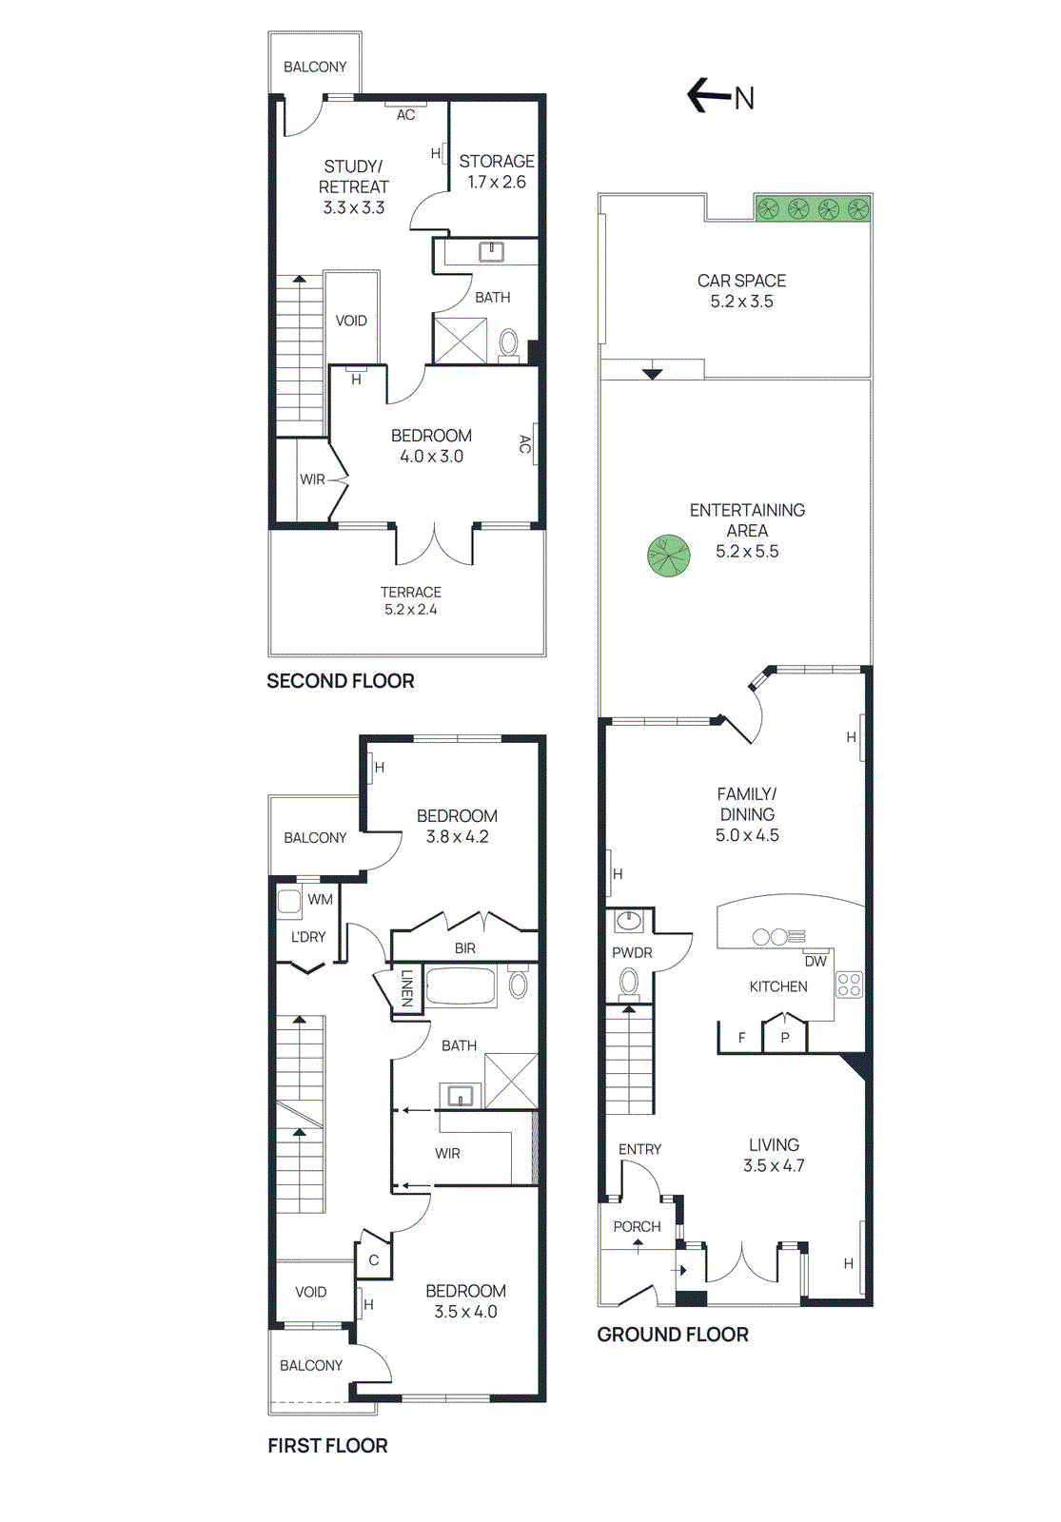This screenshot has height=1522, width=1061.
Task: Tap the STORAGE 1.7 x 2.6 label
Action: pos(496,172)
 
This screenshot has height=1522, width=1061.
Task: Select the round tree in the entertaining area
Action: pos(668,556)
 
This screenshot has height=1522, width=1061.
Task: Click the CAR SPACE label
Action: pos(741,291)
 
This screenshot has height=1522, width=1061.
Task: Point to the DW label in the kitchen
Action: pos(815,962)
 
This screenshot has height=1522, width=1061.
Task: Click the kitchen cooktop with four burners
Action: pos(849,985)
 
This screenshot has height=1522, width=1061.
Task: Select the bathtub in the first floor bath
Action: pos(461,986)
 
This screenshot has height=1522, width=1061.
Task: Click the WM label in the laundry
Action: pos(321,899)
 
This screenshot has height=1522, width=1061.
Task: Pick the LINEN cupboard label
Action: pos(407,988)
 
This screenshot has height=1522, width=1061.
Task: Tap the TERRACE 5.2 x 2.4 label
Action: pos(411,600)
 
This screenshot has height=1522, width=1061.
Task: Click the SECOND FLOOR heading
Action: pos(340,681)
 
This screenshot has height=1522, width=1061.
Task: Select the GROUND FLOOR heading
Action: pos(672,1335)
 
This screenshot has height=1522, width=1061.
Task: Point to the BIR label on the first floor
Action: pos(464,948)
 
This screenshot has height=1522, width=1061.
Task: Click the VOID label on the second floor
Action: pos(351,321)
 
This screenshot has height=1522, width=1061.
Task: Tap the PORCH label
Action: pos(637,1227)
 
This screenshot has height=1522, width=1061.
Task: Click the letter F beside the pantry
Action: pos(742,1038)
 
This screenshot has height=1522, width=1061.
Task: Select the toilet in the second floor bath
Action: pos(509,342)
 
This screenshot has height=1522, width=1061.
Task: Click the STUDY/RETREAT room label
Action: pos(353,186)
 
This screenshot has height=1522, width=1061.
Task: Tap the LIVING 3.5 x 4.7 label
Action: pos(774,1155)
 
